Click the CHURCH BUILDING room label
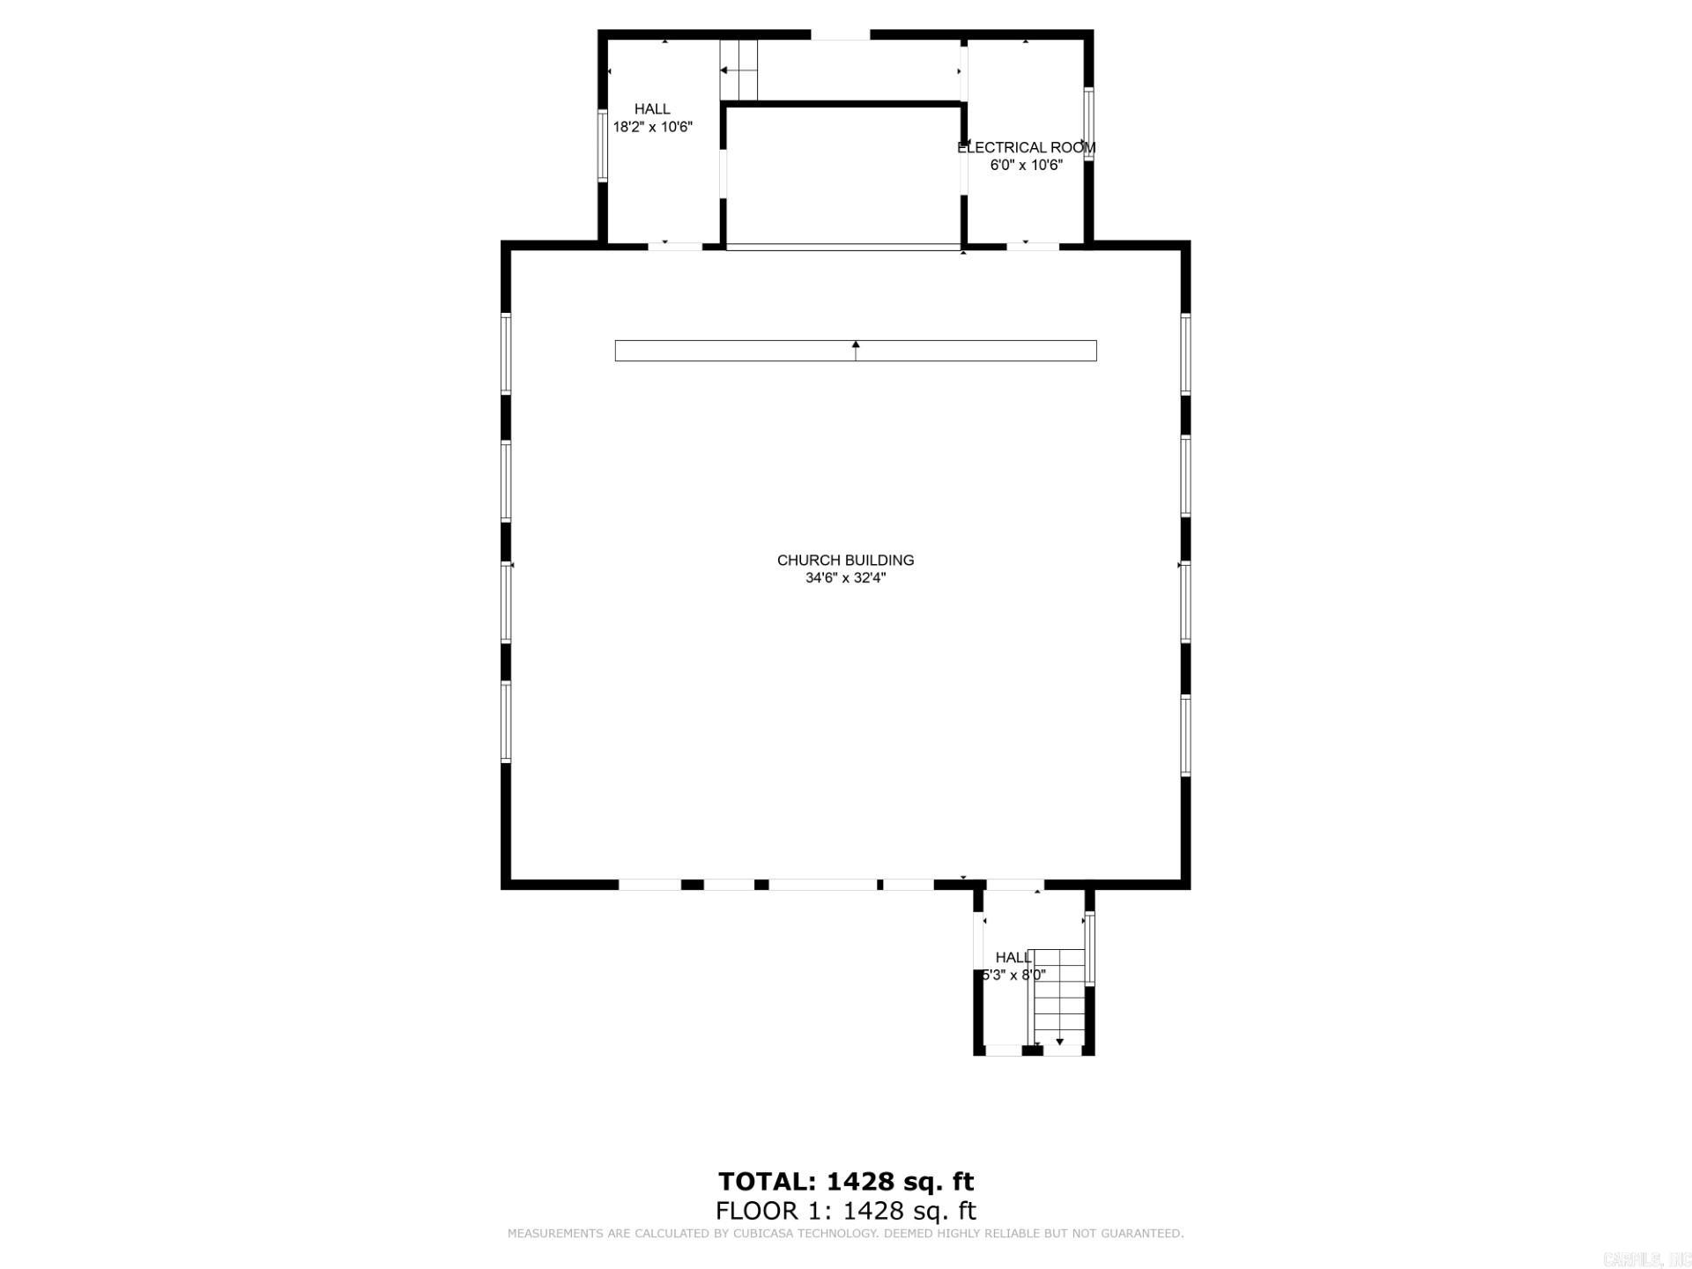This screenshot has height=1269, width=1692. pyautogui.click(x=845, y=560)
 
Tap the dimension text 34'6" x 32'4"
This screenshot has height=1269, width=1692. pyautogui.click(x=845, y=578)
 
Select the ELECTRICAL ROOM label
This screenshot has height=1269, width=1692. pyautogui.click(x=1026, y=147)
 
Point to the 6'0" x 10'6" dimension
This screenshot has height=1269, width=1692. pyautogui.click(x=1026, y=165)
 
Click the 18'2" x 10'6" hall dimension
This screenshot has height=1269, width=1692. pyautogui.click(x=652, y=127)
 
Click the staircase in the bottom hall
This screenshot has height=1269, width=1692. pyautogui.click(x=1058, y=996)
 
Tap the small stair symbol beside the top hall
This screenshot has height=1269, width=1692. pyautogui.click(x=738, y=70)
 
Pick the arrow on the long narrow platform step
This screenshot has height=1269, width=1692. pyautogui.click(x=855, y=350)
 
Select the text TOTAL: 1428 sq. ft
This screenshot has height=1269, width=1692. pyautogui.click(x=845, y=1181)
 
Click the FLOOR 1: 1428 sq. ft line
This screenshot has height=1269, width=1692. pyautogui.click(x=845, y=1211)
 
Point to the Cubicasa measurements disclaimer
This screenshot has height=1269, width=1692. pyautogui.click(x=845, y=1234)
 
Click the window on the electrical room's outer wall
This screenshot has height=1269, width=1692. pyautogui.click(x=1088, y=124)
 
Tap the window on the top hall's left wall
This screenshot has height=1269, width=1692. pyautogui.click(x=603, y=145)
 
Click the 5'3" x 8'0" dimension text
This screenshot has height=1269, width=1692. pyautogui.click(x=1013, y=975)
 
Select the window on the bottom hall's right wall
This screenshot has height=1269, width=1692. pyautogui.click(x=1089, y=948)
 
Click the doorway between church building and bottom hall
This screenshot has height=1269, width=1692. pyautogui.click(x=1013, y=884)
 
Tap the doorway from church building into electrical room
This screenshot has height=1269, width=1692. pyautogui.click(x=1032, y=246)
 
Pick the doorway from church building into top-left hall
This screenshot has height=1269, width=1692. pyautogui.click(x=675, y=246)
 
